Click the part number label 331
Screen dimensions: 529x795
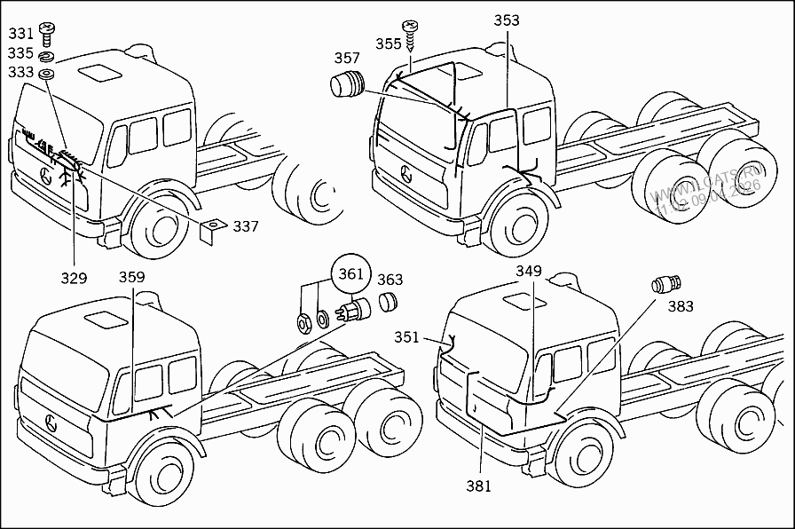point(20,34)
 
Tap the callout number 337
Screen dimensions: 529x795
point(246,226)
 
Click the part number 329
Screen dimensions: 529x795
point(74,278)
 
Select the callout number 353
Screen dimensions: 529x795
point(507,20)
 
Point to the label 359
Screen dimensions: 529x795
point(131,277)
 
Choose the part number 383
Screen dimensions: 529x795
point(681,307)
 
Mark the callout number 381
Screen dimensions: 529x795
point(477,486)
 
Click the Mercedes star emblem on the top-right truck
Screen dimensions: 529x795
point(405,172)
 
